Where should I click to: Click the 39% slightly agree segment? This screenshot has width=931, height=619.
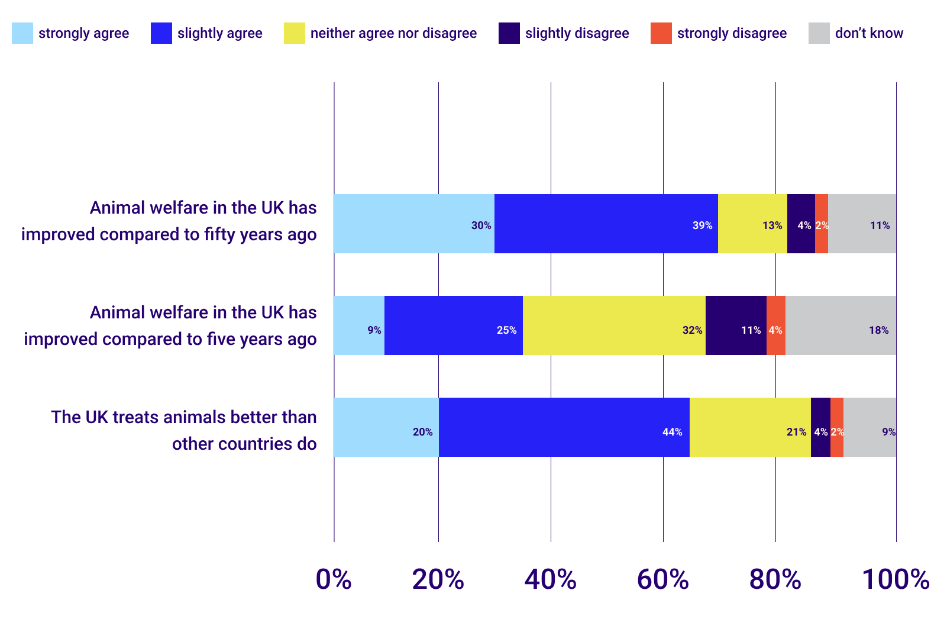[606, 224]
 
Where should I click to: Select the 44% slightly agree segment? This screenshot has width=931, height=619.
[564, 427]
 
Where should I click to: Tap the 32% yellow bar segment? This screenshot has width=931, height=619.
[614, 325]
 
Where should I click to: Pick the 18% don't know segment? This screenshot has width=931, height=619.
[841, 325]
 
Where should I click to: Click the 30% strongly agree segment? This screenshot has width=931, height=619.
[414, 224]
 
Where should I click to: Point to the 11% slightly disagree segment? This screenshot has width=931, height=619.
[736, 325]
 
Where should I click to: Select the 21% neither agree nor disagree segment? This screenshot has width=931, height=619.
[750, 427]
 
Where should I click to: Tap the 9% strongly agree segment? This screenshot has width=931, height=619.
[359, 325]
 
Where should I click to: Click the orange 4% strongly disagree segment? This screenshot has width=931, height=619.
[775, 325]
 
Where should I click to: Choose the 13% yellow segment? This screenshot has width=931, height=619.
[752, 224]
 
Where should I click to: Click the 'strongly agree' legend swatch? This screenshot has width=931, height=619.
[22, 33]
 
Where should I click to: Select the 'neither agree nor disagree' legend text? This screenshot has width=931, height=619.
[393, 33]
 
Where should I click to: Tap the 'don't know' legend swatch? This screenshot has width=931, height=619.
[819, 33]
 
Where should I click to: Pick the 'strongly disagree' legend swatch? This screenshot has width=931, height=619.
[661, 33]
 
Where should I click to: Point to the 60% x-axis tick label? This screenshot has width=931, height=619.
[662, 579]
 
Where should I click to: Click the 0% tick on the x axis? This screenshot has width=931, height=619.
[334, 579]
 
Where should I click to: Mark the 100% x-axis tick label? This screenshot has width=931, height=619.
[895, 579]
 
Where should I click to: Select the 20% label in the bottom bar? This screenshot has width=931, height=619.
[422, 432]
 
